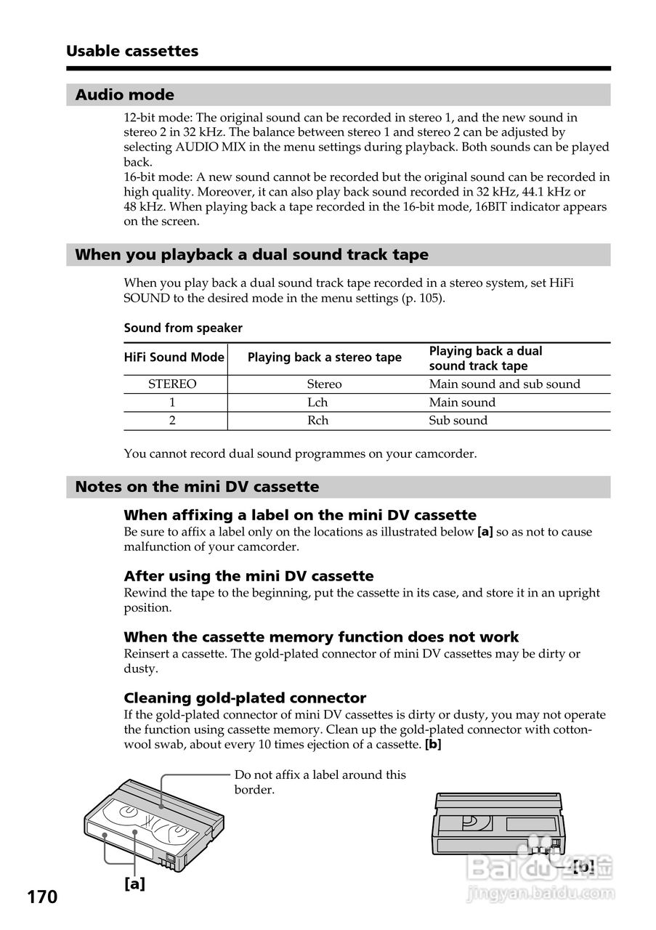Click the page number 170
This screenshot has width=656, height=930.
tap(42, 897)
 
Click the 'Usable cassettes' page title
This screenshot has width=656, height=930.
tap(131, 51)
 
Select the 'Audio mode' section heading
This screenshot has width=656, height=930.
tap(124, 94)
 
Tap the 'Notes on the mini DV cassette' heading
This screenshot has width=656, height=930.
tap(197, 487)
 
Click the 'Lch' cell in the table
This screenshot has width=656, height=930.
tap(317, 403)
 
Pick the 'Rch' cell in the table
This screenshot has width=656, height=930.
tap(317, 421)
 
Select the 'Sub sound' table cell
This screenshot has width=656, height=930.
tap(458, 421)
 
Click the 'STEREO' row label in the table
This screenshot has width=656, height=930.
tap(172, 384)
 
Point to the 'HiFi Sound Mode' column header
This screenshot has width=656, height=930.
tap(174, 357)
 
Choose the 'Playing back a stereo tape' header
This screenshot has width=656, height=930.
tap(324, 357)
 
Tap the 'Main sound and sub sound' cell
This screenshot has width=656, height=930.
tap(504, 384)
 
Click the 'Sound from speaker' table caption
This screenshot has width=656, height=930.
tap(183, 328)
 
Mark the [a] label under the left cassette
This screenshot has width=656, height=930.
tap(134, 883)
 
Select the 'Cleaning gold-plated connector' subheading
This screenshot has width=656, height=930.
tap(245, 698)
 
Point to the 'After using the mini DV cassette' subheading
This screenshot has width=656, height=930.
tap(248, 576)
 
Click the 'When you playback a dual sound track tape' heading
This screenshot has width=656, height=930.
tap(251, 255)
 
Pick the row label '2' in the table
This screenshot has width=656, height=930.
tap(172, 421)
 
